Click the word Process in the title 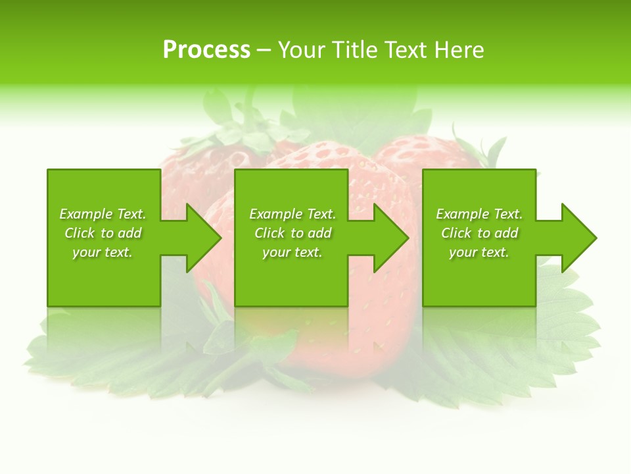click(x=206, y=50)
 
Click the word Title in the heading click(x=353, y=50)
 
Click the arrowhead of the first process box click(x=203, y=238)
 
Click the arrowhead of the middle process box click(x=391, y=238)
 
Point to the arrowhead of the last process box click(x=578, y=238)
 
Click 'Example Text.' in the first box click(x=103, y=214)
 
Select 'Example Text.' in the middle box click(x=292, y=214)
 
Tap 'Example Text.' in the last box click(x=479, y=214)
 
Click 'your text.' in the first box click(x=103, y=252)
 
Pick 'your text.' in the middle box click(x=292, y=252)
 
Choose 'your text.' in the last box click(x=479, y=252)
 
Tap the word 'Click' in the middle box click(x=269, y=233)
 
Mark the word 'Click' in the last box click(x=456, y=233)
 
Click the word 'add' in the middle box click(x=319, y=233)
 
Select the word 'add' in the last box click(x=506, y=233)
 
